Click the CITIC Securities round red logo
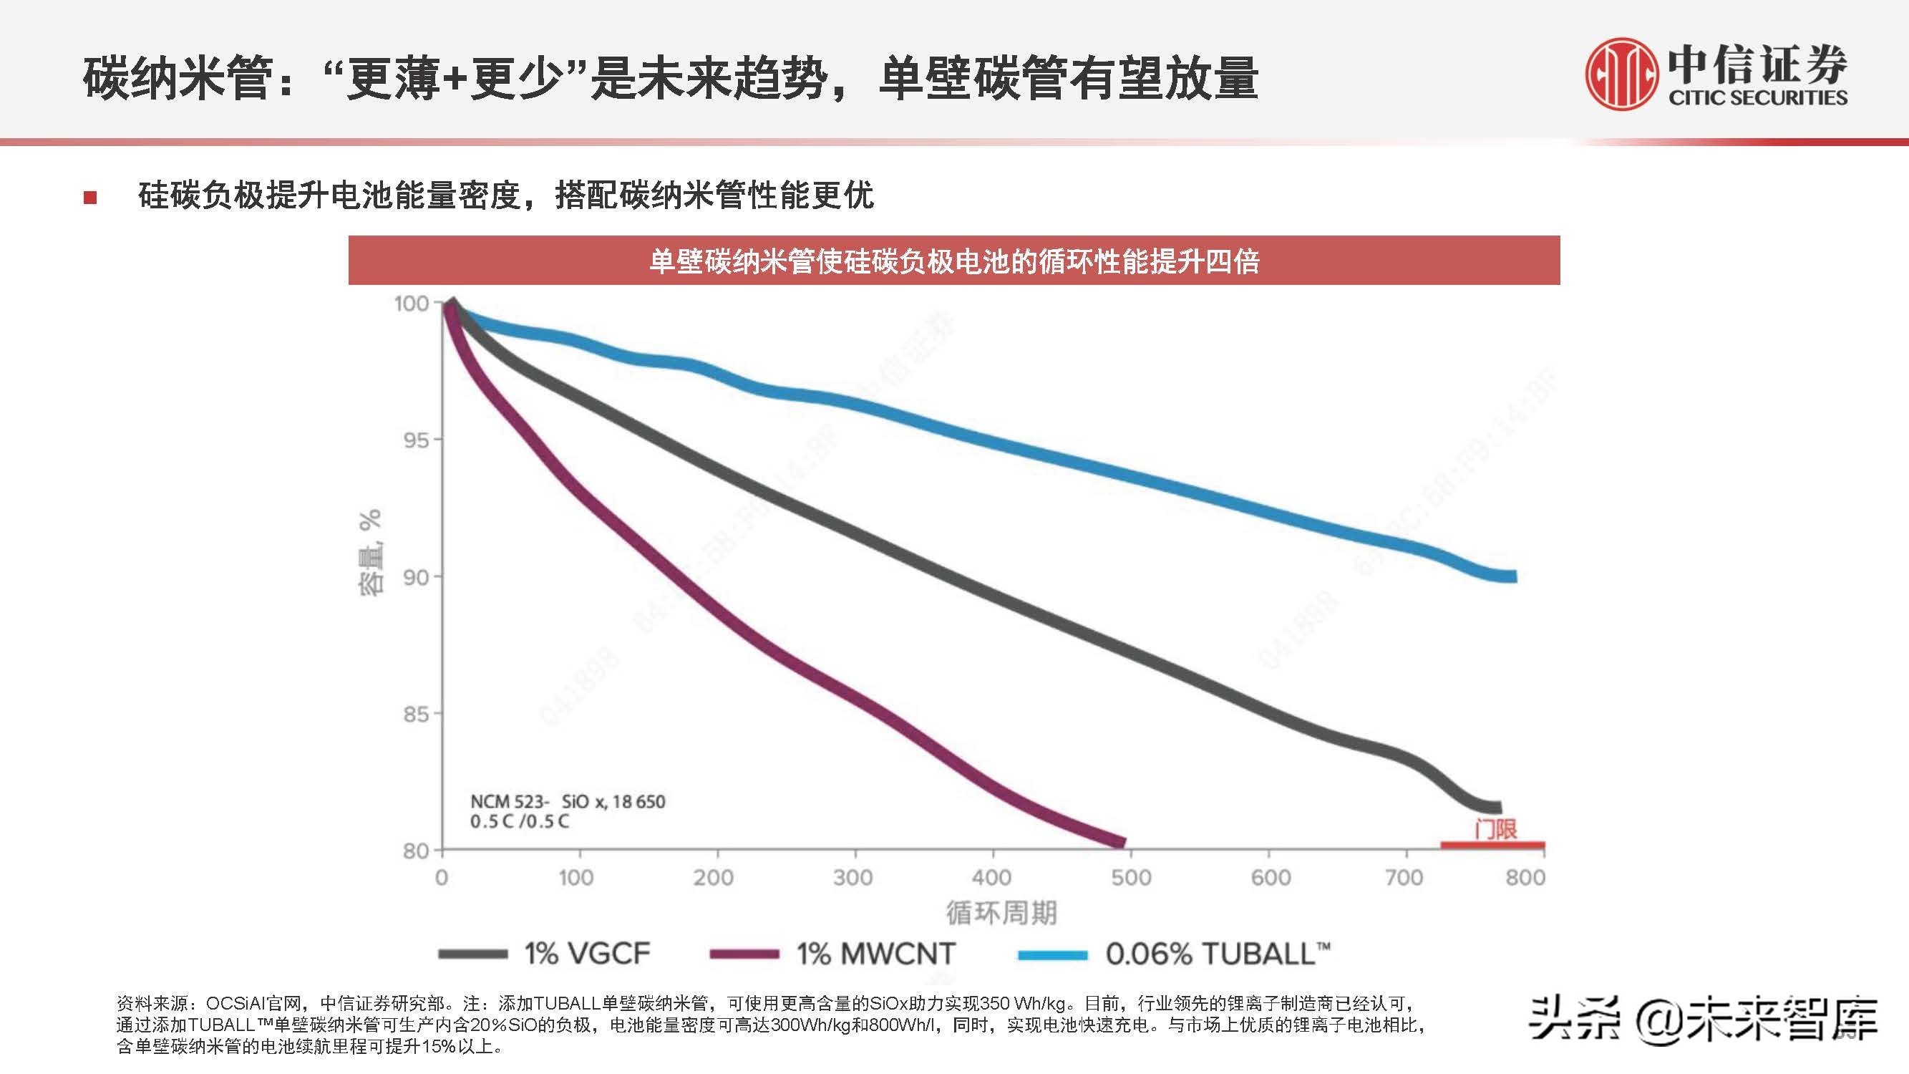(1621, 74)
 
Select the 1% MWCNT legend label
(875, 953)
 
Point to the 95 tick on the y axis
(417, 440)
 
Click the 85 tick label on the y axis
(417, 715)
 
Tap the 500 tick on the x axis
(1130, 879)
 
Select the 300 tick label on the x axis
(853, 879)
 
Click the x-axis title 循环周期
(1001, 913)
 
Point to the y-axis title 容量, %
(371, 552)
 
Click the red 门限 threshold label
(1495, 828)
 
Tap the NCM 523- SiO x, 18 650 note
(568, 801)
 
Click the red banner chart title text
(953, 261)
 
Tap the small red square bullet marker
(90, 197)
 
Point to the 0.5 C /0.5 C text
(520, 821)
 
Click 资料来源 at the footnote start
(152, 1004)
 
